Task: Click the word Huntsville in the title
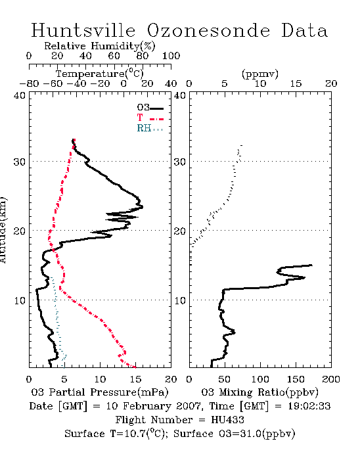point(83,30)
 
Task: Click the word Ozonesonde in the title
point(208,30)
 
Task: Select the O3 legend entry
point(150,108)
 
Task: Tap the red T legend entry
point(150,118)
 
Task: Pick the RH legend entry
point(150,128)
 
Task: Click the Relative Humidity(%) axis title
point(100,46)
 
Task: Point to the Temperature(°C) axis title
point(100,74)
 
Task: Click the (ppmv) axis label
point(259,74)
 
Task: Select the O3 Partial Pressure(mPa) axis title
point(100,392)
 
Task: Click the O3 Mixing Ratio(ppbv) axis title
point(259,392)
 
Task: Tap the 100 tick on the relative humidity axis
point(171,56)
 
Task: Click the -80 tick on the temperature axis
point(29,83)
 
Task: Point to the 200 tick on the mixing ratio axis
point(331,379)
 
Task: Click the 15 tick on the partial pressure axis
point(135,379)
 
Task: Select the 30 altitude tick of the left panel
point(19,162)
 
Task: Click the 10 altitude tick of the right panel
point(180,301)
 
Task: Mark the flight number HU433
point(227,420)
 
